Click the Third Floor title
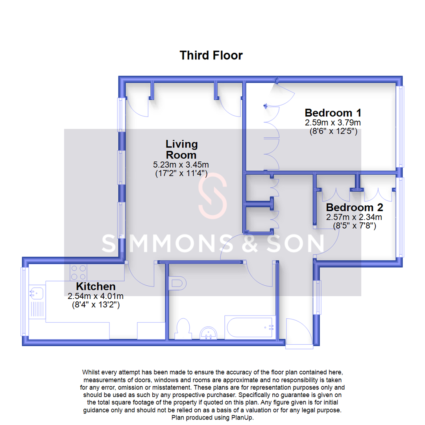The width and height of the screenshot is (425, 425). point(211,55)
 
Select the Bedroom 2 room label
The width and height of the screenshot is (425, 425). point(354,207)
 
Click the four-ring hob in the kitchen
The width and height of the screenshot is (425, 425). point(78,272)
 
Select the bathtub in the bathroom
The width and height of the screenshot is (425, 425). point(249,327)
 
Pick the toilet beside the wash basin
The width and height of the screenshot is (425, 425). point(183,329)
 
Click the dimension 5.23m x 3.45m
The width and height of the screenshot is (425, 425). point(181,164)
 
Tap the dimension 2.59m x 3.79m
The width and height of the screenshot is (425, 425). point(333,123)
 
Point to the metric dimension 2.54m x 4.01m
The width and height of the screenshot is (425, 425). point(96,296)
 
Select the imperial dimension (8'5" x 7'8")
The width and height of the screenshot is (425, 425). point(354,226)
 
